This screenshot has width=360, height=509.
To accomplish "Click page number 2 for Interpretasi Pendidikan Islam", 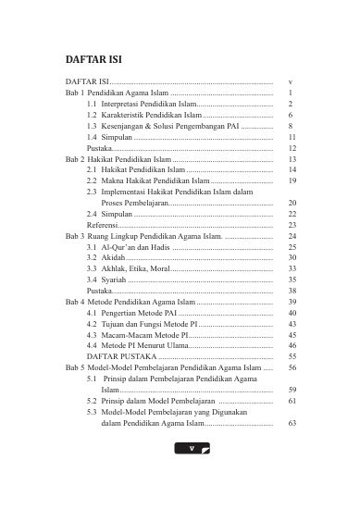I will (291, 107).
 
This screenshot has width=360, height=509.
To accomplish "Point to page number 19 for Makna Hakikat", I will (292, 182).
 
